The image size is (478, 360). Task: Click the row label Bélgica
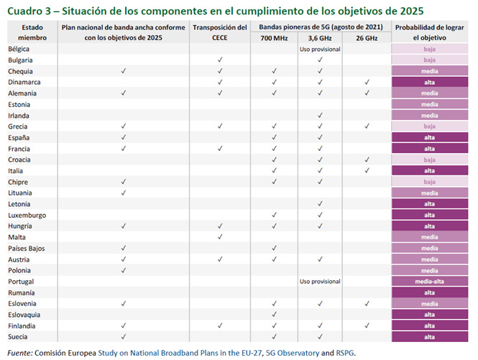(x=21, y=49)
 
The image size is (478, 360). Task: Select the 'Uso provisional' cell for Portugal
(x=319, y=282)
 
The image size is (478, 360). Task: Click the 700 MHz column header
(x=273, y=37)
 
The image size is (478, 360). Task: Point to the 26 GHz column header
(x=366, y=37)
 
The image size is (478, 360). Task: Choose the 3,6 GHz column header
(x=319, y=37)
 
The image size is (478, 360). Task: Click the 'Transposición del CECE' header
(x=220, y=32)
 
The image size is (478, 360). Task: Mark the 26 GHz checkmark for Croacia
(x=367, y=160)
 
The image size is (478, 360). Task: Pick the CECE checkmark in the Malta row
(x=220, y=237)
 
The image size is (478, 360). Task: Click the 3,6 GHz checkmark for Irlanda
(x=319, y=116)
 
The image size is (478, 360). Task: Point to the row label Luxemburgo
(x=27, y=215)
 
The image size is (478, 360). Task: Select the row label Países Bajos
(x=27, y=248)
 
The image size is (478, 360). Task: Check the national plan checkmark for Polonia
(x=124, y=270)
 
